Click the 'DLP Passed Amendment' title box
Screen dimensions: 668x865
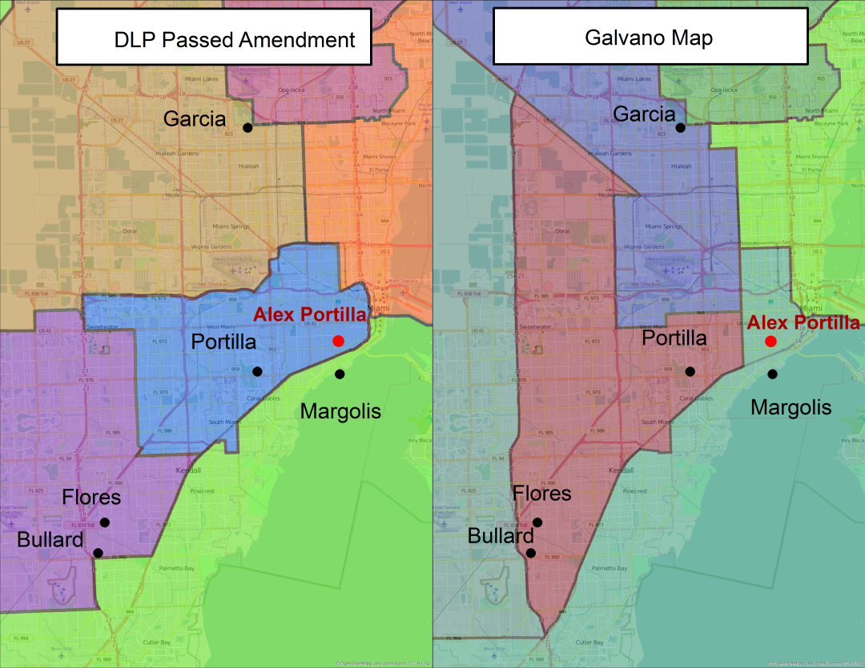(x=213, y=37)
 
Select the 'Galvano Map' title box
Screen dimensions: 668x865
(x=650, y=37)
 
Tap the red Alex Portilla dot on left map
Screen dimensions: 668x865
(x=338, y=341)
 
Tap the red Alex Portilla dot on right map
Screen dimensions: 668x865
(x=770, y=341)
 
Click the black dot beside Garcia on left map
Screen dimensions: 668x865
(x=247, y=127)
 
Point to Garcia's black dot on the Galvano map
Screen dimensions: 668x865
(x=680, y=127)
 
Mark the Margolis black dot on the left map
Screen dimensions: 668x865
(x=340, y=374)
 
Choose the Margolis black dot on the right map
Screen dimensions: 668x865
(x=772, y=374)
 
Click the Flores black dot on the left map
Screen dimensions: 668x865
(x=105, y=522)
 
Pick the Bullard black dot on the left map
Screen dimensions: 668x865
(x=98, y=553)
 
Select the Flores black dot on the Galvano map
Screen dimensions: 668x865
(x=537, y=522)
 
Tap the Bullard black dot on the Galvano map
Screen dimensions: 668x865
(x=531, y=553)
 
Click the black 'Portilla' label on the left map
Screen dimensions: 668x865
(x=223, y=342)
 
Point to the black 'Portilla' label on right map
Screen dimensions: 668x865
(x=674, y=338)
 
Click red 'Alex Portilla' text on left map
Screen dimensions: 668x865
(x=309, y=314)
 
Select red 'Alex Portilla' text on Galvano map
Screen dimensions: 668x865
(x=803, y=323)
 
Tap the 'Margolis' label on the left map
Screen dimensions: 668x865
(x=340, y=411)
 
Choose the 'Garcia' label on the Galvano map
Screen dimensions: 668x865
(x=644, y=114)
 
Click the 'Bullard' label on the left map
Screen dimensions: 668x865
(x=50, y=540)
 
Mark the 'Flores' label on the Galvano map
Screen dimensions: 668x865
(x=542, y=494)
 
